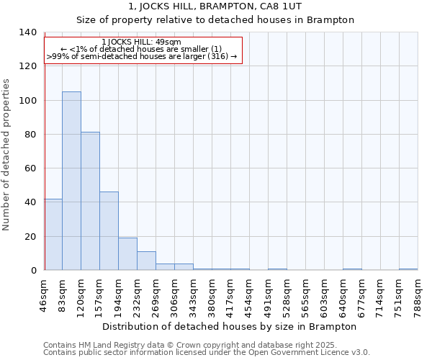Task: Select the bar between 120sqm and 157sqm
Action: (x=90, y=201)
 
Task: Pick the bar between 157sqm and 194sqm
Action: (x=109, y=230)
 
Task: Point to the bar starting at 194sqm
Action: (x=127, y=253)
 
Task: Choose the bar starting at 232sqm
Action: (x=146, y=261)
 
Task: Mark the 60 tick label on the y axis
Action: (x=30, y=168)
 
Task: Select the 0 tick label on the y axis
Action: (x=32, y=271)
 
